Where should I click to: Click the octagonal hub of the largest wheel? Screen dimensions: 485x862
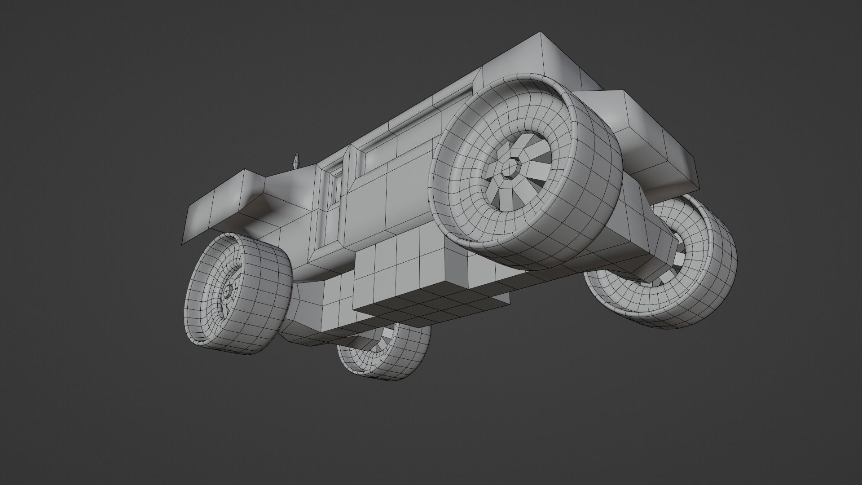click(x=510, y=168)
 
